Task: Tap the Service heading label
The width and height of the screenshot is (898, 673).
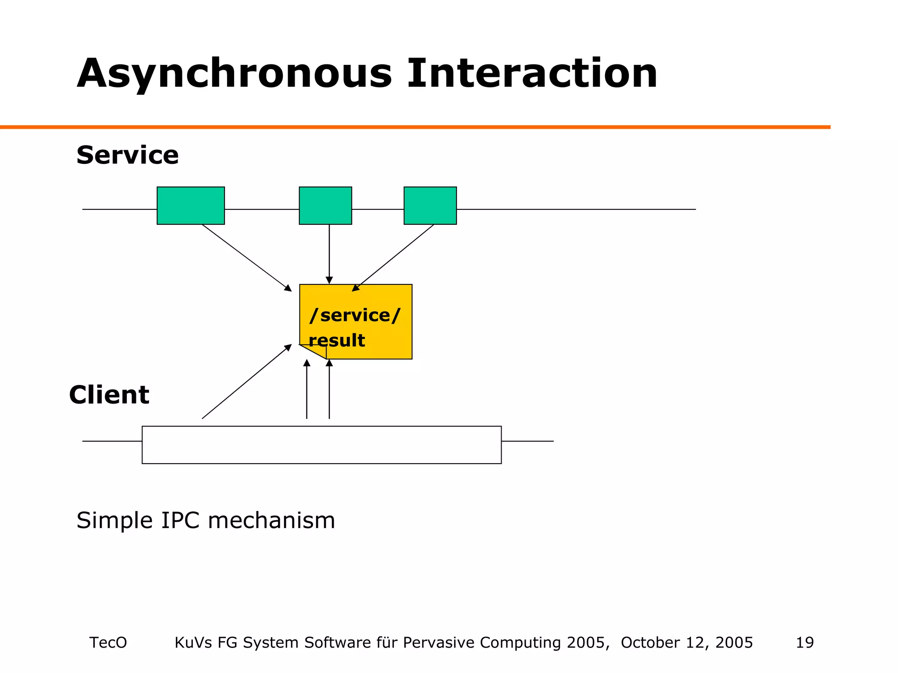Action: coord(127,155)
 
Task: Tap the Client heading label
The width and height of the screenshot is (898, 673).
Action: coord(109,395)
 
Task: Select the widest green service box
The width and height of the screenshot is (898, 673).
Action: coord(191,205)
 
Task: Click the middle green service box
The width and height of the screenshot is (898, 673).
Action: coord(325,205)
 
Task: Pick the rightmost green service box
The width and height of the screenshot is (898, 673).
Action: coord(430,205)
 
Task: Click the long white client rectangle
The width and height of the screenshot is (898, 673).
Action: coord(321,445)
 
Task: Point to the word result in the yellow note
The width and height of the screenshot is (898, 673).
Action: coord(337,340)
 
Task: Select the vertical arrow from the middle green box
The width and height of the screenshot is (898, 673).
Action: coord(329,254)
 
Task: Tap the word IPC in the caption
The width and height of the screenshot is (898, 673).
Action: coord(180,521)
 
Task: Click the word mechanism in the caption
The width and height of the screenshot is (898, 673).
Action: coord(271,521)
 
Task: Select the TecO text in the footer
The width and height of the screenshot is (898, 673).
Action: coord(108,642)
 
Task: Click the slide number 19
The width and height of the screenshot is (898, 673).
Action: coord(805,642)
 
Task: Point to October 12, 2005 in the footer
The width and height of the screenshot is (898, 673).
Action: coord(687,642)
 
